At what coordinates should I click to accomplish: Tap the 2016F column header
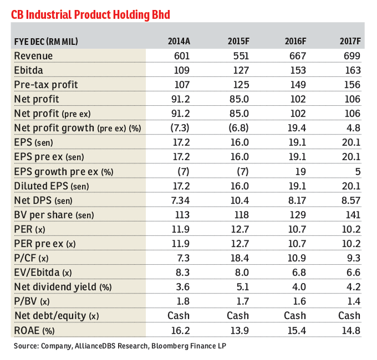296,41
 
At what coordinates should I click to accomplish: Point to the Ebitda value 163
352,70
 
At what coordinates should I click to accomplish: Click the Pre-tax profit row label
46,85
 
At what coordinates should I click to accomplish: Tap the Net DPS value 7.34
179,200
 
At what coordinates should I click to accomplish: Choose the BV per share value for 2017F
352,214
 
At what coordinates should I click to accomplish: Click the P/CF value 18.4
237,258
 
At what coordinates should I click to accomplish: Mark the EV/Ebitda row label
43,272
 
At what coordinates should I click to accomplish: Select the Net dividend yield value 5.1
240,286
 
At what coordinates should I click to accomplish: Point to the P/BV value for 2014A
182,301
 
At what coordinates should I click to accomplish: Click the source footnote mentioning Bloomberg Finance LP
120,346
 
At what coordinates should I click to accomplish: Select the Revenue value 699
352,56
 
